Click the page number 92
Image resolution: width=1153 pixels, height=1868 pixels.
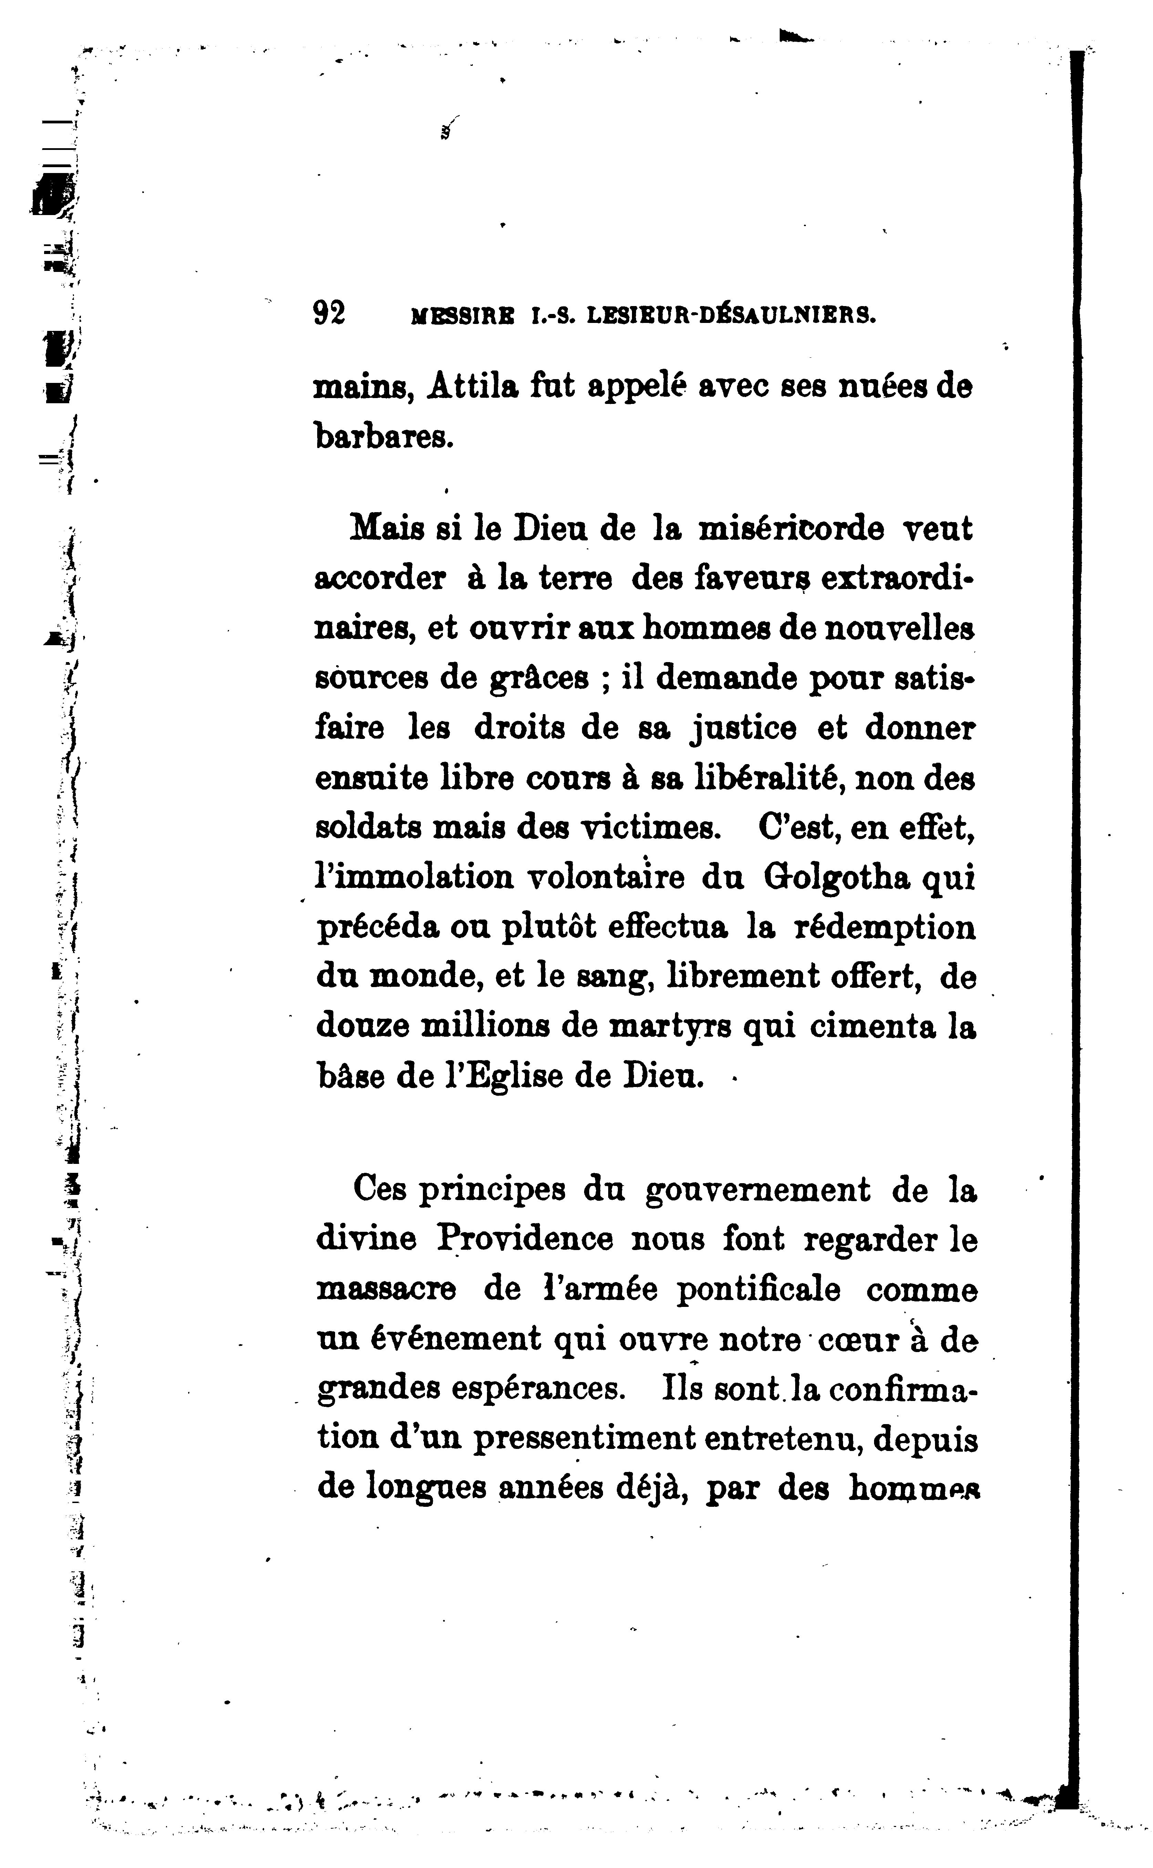pos(330,314)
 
